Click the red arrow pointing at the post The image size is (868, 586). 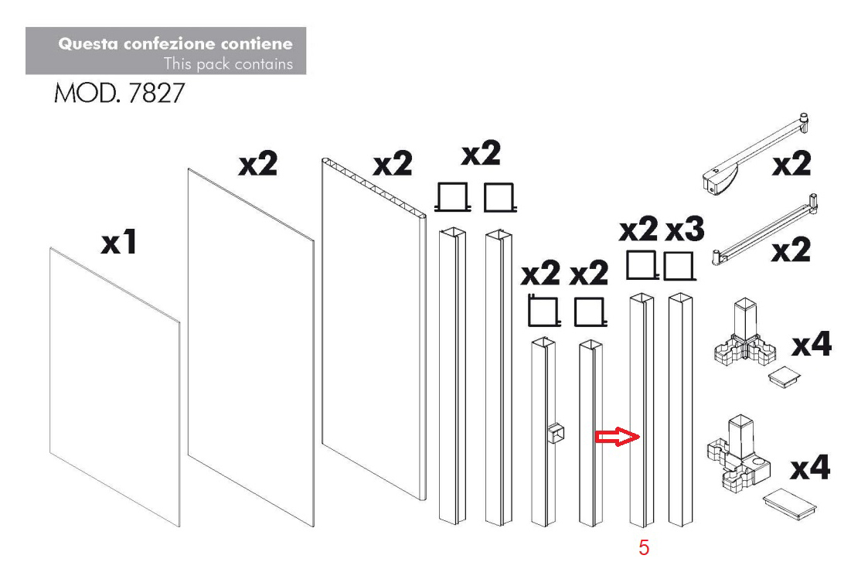pyautogui.click(x=618, y=437)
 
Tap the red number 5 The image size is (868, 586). pyautogui.click(x=644, y=547)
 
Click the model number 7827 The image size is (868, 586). pyautogui.click(x=156, y=93)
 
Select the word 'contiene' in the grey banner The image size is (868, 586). pyautogui.click(x=257, y=44)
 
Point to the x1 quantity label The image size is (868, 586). pyautogui.click(x=118, y=242)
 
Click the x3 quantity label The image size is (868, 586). pyautogui.click(x=685, y=229)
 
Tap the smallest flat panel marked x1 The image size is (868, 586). pyautogui.click(x=115, y=387)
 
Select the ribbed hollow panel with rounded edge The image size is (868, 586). pyautogui.click(x=374, y=329)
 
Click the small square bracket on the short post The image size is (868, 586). pyautogui.click(x=557, y=434)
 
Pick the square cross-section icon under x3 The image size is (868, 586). pyautogui.click(x=679, y=266)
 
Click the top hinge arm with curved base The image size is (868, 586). pyautogui.click(x=754, y=155)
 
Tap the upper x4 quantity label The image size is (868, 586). pyautogui.click(x=812, y=345)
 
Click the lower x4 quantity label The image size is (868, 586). pyautogui.click(x=810, y=468)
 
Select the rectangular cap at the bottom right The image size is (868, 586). pyautogui.click(x=789, y=503)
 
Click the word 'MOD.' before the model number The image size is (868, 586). pyautogui.click(x=87, y=93)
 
